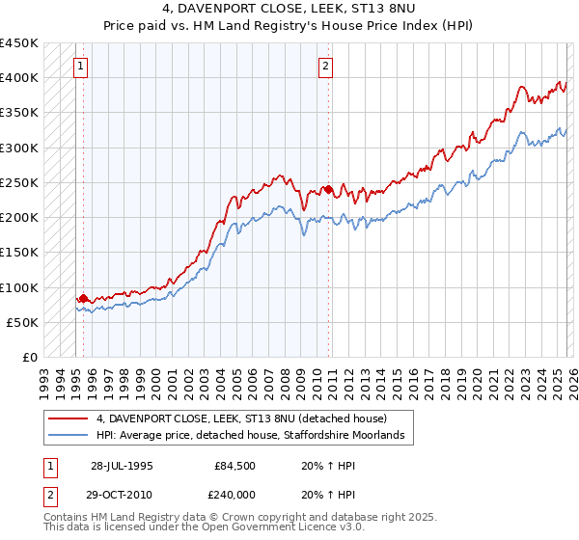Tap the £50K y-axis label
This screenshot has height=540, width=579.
click(21, 322)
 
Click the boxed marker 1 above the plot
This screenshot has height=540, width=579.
click(80, 67)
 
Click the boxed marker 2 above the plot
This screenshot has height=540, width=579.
click(326, 67)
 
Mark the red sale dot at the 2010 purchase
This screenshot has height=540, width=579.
click(328, 189)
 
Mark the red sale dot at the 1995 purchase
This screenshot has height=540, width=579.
click(83, 299)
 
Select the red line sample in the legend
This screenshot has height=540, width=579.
click(69, 418)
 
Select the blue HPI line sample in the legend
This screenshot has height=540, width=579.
click(69, 436)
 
